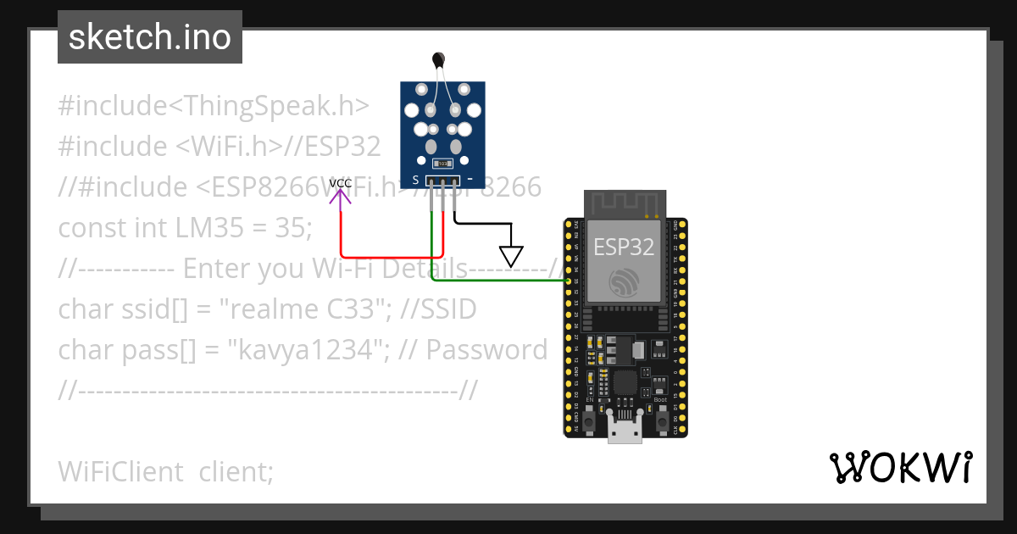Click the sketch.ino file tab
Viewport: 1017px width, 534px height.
149,37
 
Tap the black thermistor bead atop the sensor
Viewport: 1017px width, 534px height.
438,59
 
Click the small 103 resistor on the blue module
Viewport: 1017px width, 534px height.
442,163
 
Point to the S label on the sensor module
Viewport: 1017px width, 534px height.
415,180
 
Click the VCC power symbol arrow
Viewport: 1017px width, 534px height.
341,198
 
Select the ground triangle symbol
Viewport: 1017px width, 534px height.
511,255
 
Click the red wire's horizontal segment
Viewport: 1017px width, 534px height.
386,256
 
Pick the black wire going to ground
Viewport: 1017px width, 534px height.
483,224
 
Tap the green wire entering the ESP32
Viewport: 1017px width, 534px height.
500,280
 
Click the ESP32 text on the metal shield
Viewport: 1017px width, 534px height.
624,247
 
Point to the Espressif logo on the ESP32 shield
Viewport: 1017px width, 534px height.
624,281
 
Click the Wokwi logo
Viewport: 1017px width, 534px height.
900,467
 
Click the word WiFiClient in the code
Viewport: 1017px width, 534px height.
120,471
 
